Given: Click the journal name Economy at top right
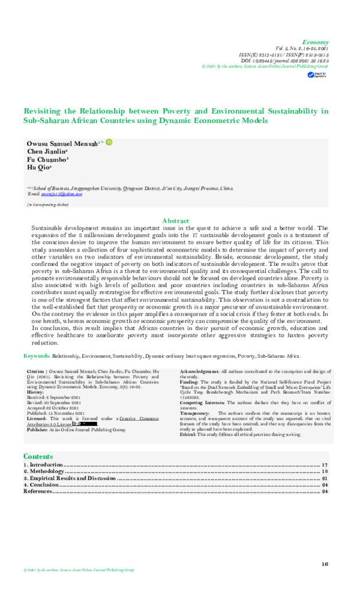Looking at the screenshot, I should tap(316, 43).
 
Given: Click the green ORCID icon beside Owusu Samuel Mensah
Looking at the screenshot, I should tap(109, 143).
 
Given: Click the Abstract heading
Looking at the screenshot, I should tap(176, 221).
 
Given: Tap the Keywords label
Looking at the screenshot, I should tap(37, 356).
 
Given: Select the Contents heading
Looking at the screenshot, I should tap(38, 456).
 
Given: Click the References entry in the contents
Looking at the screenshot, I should tap(38, 492).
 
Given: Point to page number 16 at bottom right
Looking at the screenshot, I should tap(325, 564).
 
